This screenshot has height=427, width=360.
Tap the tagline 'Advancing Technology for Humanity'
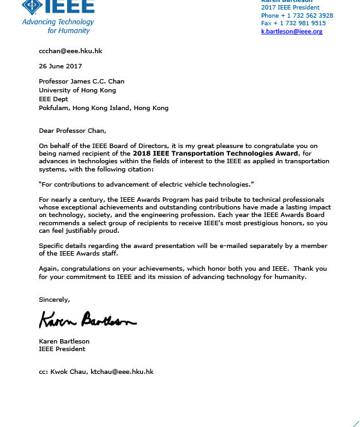(58, 26)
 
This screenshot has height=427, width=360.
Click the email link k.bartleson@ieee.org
(292, 32)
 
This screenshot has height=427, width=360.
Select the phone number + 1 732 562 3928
(297, 15)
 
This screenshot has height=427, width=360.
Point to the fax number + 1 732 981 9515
(294, 23)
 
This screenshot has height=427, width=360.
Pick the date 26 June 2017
(60, 66)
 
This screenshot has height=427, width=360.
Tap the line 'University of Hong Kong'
(73, 91)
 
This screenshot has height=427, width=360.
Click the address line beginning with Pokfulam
(104, 108)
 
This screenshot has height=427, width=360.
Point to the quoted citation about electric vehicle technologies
(146, 184)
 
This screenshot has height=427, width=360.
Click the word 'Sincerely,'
(54, 299)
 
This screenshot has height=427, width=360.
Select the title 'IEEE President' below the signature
(62, 349)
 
